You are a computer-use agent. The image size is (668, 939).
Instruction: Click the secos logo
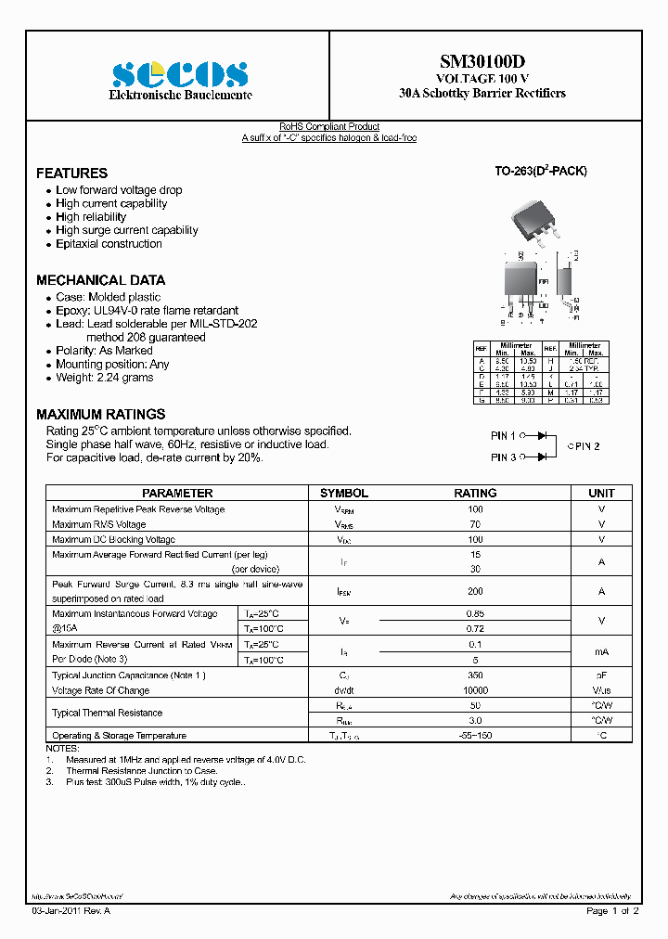[180, 74]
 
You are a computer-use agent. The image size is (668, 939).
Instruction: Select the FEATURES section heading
[71, 174]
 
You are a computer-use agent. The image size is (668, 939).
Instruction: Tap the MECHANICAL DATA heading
[100, 280]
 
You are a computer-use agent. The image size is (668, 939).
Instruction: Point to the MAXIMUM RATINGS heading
[100, 415]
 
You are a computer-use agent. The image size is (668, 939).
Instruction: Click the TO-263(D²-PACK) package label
[540, 172]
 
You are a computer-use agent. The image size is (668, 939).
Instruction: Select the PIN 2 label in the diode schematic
[584, 446]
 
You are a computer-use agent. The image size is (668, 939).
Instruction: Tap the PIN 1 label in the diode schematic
[503, 435]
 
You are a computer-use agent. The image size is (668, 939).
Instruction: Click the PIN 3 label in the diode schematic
[503, 457]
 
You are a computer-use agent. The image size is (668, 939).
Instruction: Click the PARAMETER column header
[177, 494]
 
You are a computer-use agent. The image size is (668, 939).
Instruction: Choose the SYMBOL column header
[344, 494]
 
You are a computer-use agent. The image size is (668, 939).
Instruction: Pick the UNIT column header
[601, 494]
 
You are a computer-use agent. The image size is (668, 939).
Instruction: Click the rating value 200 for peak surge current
[475, 591]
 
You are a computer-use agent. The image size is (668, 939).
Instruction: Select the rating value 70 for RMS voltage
[475, 524]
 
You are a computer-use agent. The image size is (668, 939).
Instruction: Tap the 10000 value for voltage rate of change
[475, 690]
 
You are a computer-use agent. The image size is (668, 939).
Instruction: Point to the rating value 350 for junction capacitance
[475, 675]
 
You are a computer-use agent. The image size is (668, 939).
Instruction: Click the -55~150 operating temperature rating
[475, 735]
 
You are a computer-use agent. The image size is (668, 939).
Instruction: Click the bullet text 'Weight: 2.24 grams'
[104, 378]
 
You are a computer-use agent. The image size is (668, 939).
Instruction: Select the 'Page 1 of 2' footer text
[612, 912]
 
